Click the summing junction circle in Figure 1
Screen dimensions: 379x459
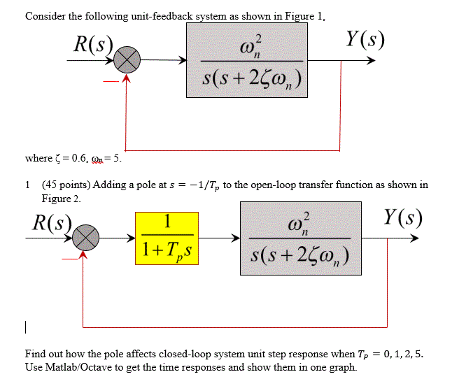pos(127,62)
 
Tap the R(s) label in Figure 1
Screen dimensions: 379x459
pos(94,46)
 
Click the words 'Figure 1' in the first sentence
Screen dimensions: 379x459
pos(302,17)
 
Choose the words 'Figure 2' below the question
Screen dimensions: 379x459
pos(61,199)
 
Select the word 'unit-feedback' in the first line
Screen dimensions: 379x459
pos(159,17)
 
